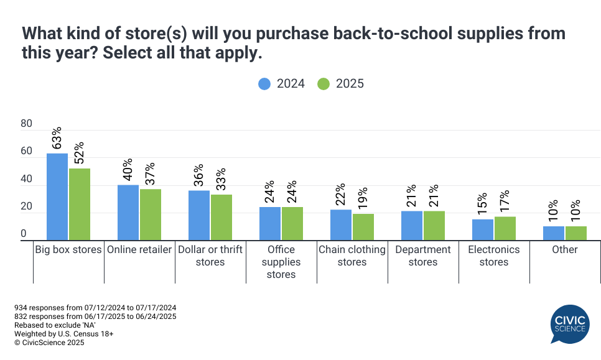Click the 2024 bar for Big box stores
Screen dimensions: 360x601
tap(57, 196)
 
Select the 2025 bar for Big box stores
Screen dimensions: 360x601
tap(80, 205)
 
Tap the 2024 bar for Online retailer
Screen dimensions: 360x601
tap(128, 213)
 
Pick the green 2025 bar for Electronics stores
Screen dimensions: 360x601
tap(505, 228)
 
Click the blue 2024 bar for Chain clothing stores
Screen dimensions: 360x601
tap(341, 225)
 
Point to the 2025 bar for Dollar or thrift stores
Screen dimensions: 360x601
tap(221, 218)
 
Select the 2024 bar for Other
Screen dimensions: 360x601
tap(554, 233)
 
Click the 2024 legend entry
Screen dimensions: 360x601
tap(281, 83)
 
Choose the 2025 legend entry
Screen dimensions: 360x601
tap(340, 83)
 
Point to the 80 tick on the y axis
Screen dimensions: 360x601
tap(26, 124)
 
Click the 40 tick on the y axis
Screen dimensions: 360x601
tap(26, 179)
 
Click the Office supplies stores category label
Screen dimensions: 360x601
tap(281, 262)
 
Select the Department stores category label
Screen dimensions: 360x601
tap(423, 256)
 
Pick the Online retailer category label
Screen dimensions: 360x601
tap(139, 249)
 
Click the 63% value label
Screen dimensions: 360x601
tap(57, 139)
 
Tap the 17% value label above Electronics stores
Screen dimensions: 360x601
tap(505, 201)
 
